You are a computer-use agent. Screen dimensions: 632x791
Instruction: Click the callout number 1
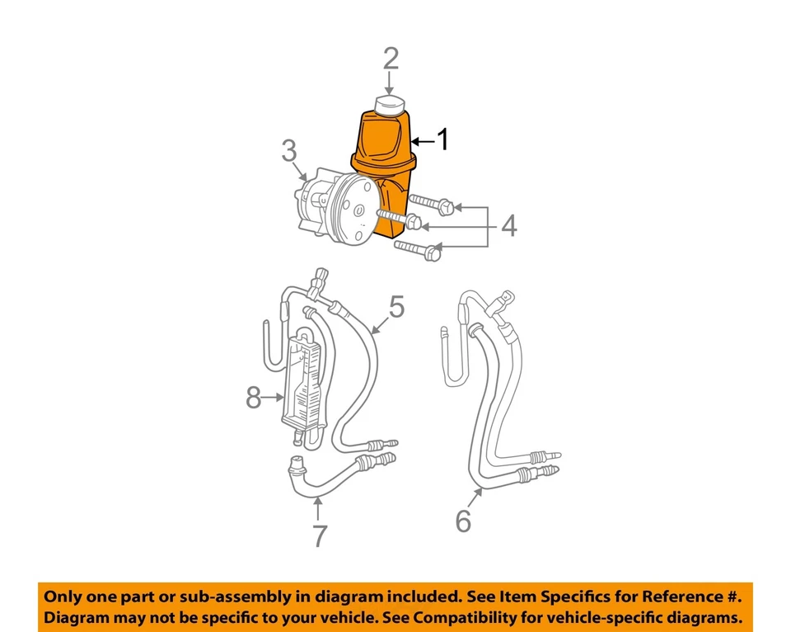[x=442, y=139]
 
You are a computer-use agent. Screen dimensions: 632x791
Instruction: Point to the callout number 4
[x=509, y=224]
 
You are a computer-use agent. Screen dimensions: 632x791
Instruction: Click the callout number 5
[x=396, y=307]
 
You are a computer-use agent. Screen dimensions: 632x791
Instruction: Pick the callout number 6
[x=463, y=521]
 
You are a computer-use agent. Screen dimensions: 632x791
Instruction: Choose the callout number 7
[x=319, y=536]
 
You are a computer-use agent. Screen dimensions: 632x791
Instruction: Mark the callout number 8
[x=255, y=399]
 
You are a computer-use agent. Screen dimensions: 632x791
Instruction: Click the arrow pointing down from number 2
[x=391, y=83]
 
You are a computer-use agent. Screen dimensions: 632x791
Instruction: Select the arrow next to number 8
[x=275, y=399]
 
